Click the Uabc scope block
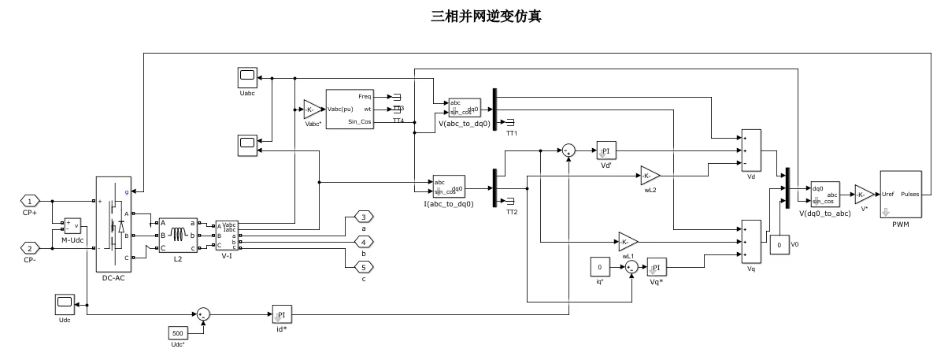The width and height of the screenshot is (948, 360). point(247,78)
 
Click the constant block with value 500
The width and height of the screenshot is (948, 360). point(178,333)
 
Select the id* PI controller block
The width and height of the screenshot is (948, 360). point(281,314)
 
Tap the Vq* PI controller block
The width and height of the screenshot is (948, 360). point(656,267)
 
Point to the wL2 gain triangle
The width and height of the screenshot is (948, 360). point(649,175)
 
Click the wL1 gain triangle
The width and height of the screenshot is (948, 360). point(627,241)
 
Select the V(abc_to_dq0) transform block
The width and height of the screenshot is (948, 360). point(464,108)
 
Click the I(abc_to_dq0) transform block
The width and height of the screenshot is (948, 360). point(449,187)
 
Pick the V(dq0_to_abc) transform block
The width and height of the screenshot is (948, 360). point(825,193)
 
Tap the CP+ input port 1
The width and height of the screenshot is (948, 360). point(29,201)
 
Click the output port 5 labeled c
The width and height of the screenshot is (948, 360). point(364,266)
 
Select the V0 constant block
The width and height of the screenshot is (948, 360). point(779,246)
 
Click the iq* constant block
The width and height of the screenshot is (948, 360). point(600,267)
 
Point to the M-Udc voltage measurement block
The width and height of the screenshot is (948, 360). point(72,225)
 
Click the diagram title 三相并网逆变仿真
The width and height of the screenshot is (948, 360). point(474,15)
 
